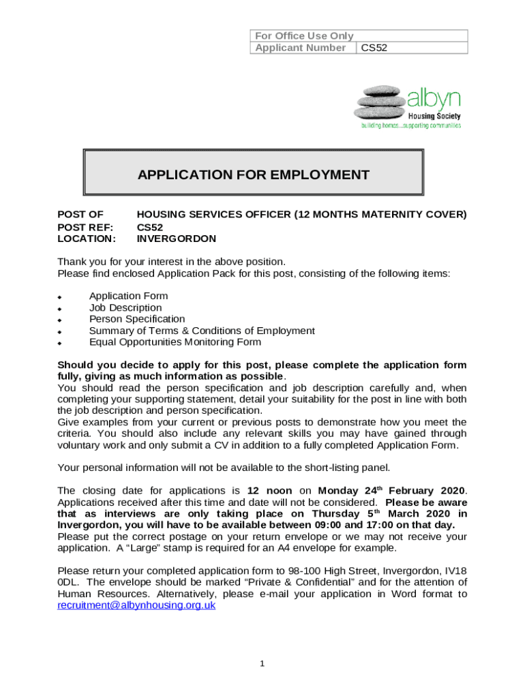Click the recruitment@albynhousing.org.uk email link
tap(136, 605)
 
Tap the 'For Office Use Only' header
tap(303, 35)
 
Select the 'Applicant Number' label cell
tap(300, 48)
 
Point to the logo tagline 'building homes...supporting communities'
tap(410, 126)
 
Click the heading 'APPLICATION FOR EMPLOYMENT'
tap(253, 175)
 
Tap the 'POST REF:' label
tap(85, 227)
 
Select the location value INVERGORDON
tap(177, 239)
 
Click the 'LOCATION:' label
tap(87, 239)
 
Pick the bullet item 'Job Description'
tap(125, 307)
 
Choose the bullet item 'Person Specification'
tap(136, 319)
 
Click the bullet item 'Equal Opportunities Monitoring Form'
tap(175, 342)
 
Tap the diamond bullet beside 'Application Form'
tap(60, 297)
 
